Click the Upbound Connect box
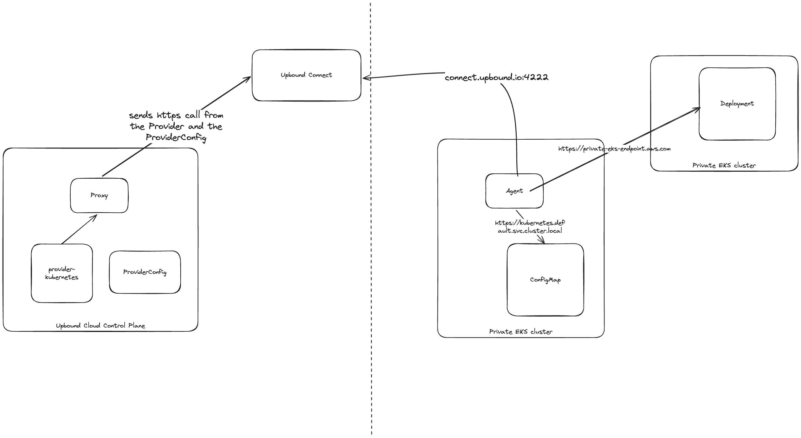[x=306, y=75]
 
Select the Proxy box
[x=99, y=195]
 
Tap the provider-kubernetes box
[x=62, y=273]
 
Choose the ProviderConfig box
[x=145, y=272]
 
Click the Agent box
[x=514, y=191]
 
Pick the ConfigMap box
[x=545, y=280]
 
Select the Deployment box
[x=737, y=103]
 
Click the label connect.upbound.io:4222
[x=496, y=77]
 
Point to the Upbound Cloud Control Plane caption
[x=100, y=326]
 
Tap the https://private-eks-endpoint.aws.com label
[x=614, y=149]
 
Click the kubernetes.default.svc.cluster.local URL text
[x=530, y=227]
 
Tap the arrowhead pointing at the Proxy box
[x=94, y=217]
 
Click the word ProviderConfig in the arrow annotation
[x=176, y=137]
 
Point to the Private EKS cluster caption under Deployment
[x=724, y=165]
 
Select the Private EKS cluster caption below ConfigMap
[x=520, y=332]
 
